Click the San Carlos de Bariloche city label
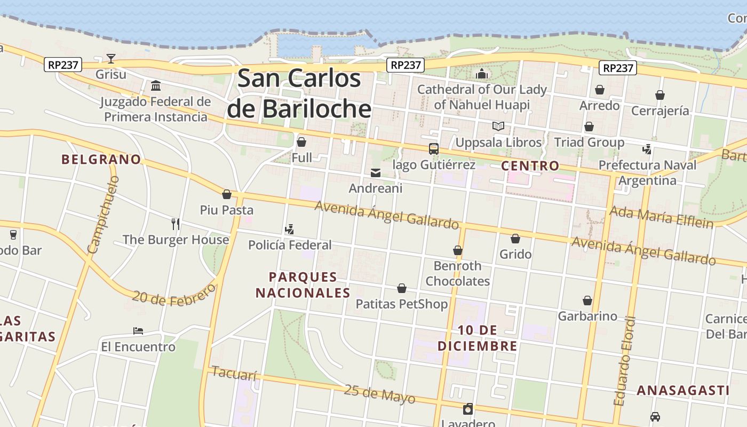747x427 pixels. pos(299,93)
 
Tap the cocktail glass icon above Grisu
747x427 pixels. pos(111,58)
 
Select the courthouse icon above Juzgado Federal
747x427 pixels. pos(156,85)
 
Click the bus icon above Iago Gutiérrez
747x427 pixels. pos(434,149)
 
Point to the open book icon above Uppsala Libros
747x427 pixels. pos(498,126)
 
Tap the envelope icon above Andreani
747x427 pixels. pos(376,173)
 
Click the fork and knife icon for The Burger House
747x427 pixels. pos(176,224)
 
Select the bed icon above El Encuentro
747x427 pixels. pos(138,331)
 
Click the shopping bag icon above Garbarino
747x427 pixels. pos(587,301)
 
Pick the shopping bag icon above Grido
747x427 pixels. pos(515,239)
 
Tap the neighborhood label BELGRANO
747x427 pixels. pos(101,159)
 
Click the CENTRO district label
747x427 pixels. pos(530,165)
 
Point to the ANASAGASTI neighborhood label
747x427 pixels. pos(683,390)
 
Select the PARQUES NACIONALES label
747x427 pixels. pos(303,284)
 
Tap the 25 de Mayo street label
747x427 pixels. pos(379,394)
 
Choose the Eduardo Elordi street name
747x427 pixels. pos(625,361)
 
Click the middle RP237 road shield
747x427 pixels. pos(406,65)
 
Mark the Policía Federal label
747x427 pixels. pos(290,245)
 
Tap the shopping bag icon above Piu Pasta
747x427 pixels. pos(227,194)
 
